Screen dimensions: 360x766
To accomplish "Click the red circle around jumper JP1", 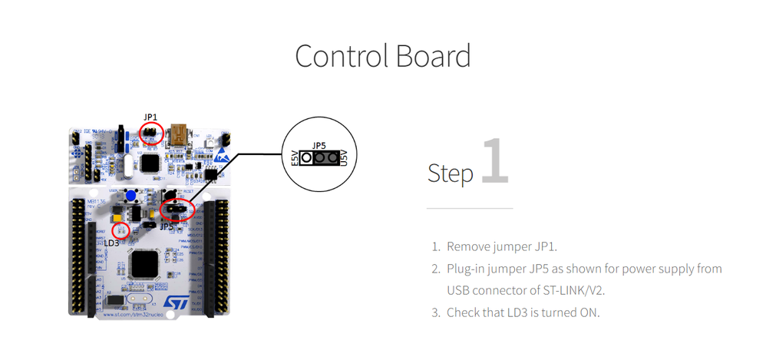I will [x=151, y=133].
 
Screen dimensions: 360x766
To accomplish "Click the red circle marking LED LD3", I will [x=121, y=230].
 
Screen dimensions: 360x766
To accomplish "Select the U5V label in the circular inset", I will [x=344, y=158].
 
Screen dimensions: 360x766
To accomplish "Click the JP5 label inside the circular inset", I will [x=319, y=145].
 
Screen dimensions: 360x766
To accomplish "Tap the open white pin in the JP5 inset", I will [x=306, y=158].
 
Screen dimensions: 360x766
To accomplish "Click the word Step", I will [x=451, y=173].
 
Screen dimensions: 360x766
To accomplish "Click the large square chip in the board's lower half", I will [x=144, y=263].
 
